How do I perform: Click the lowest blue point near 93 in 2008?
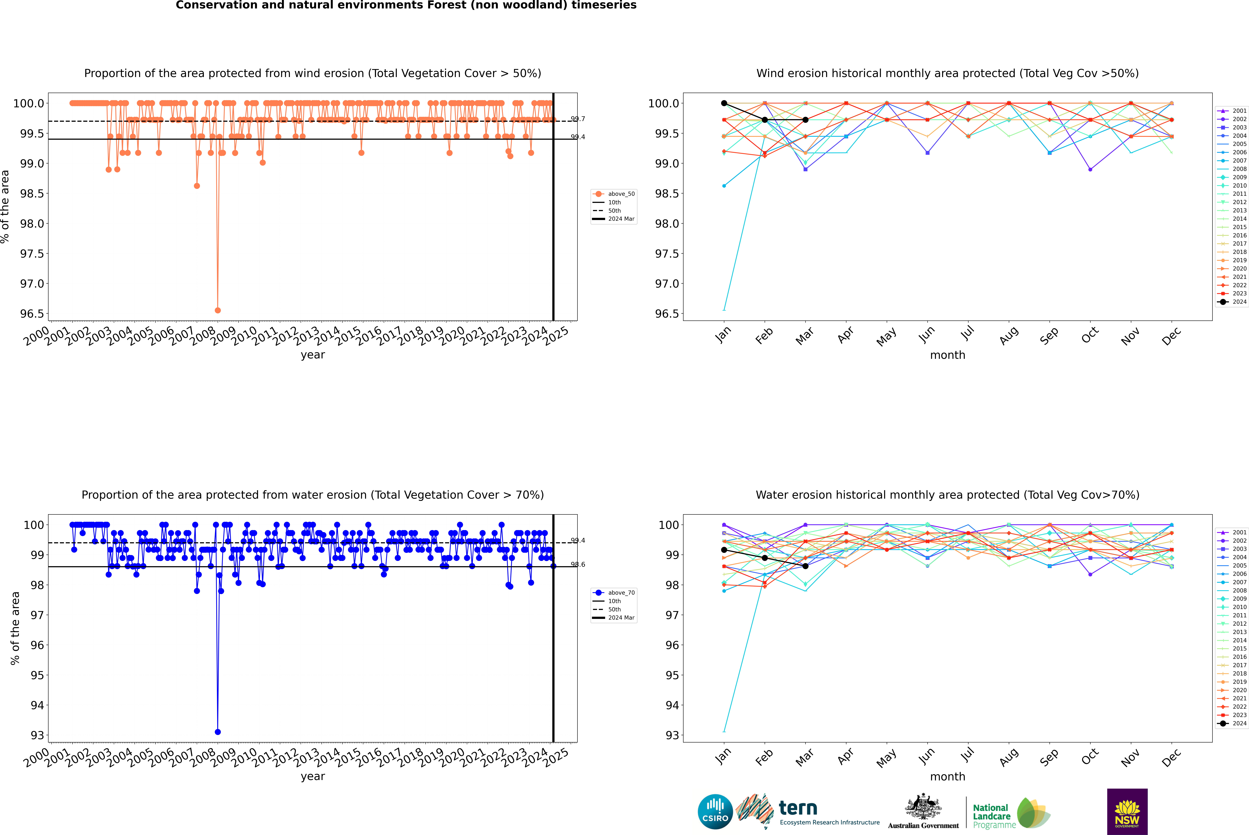click(217, 732)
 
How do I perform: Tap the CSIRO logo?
click(715, 812)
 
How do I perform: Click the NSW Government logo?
click(1127, 812)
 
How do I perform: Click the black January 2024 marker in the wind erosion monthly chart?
click(724, 103)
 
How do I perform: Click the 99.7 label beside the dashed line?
click(578, 119)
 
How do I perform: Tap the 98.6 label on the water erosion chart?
click(578, 564)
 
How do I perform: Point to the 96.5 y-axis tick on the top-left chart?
click(32, 314)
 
